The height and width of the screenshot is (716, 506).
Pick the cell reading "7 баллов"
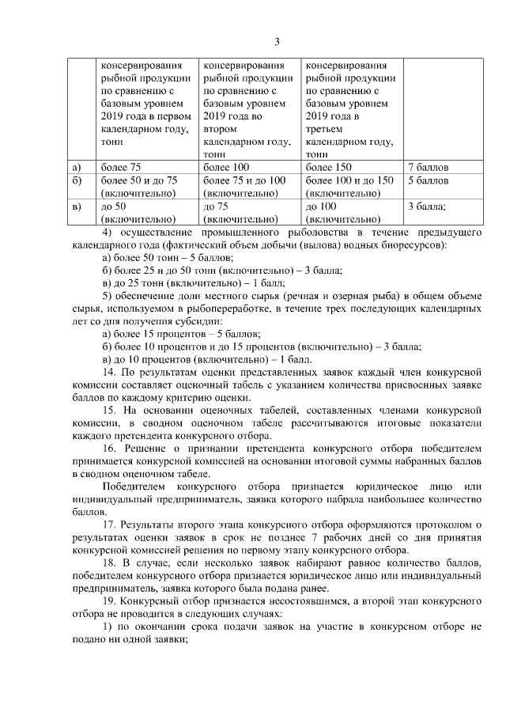click(x=428, y=168)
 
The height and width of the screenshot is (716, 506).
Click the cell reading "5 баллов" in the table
click(x=428, y=180)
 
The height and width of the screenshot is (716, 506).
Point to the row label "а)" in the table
click(x=77, y=168)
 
